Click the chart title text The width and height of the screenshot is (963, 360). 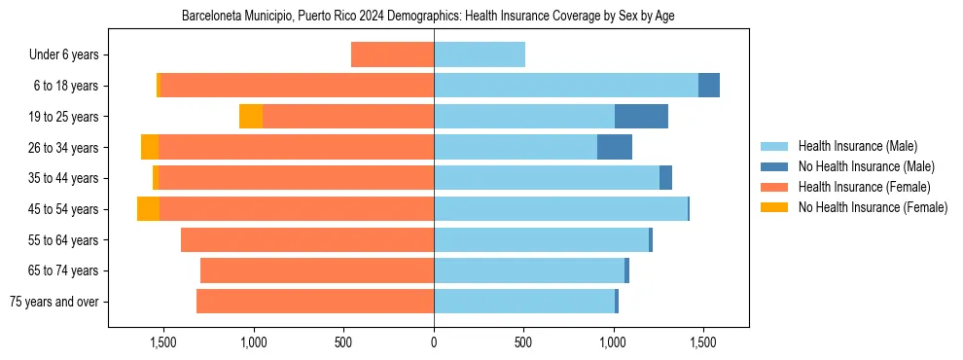click(x=428, y=16)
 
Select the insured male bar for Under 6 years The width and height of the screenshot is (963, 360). click(x=480, y=54)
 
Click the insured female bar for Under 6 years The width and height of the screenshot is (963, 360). click(x=392, y=54)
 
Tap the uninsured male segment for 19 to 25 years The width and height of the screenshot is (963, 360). click(x=641, y=116)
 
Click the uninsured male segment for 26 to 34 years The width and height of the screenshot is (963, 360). click(x=615, y=147)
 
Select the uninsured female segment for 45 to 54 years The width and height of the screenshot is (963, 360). click(x=148, y=209)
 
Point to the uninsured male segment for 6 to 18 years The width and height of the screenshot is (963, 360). click(x=709, y=86)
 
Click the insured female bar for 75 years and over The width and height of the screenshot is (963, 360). click(x=315, y=302)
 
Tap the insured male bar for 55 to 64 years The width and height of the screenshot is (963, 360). click(x=541, y=239)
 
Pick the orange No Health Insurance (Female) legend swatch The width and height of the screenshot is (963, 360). click(x=775, y=207)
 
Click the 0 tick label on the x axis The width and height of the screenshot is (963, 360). click(x=434, y=342)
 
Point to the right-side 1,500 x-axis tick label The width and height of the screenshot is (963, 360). click(x=703, y=342)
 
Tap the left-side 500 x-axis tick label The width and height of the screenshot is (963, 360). click(x=343, y=342)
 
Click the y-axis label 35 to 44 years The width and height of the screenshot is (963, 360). click(x=63, y=178)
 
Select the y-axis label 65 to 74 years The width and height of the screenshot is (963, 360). click(x=63, y=270)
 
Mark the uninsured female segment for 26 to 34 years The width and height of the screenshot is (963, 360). click(x=150, y=147)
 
